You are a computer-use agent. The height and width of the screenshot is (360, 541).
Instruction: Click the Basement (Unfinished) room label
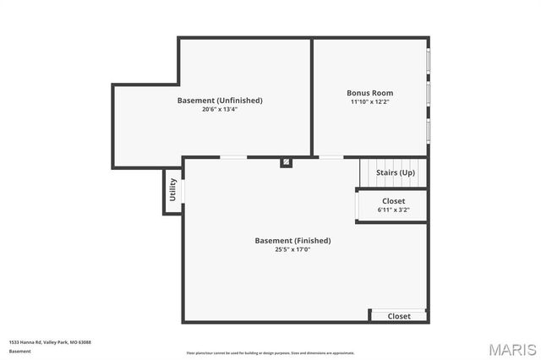(x=220, y=101)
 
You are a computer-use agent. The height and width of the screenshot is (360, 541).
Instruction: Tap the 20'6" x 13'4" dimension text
(x=220, y=110)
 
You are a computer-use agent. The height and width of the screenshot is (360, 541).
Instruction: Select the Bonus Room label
(x=370, y=93)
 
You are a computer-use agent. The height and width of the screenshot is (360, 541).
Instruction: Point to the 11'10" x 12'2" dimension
(x=370, y=102)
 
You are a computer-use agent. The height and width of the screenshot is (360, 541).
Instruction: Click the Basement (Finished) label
(x=292, y=241)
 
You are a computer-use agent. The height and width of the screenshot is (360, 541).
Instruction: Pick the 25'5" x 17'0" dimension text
(x=292, y=249)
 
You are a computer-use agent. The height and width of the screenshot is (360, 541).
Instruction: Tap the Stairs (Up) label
(x=396, y=173)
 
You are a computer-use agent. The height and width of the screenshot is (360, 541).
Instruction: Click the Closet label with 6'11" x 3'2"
(x=393, y=201)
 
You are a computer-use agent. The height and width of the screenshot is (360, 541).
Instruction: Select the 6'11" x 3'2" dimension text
(x=393, y=210)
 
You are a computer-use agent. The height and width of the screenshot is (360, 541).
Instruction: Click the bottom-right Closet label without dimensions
(x=399, y=316)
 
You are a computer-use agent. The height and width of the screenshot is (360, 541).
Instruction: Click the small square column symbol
(x=287, y=161)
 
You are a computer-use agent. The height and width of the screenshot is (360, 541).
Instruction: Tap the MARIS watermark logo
(x=505, y=348)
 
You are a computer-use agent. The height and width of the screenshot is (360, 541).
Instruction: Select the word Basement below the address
(x=19, y=351)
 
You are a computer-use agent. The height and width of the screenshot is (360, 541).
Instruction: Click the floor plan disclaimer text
(x=270, y=353)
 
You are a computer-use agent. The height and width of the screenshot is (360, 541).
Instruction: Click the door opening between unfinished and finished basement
(x=233, y=157)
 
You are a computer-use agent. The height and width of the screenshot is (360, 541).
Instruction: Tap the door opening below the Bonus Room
(x=331, y=157)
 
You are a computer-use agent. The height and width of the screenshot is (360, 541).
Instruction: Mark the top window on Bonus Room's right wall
(x=429, y=61)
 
